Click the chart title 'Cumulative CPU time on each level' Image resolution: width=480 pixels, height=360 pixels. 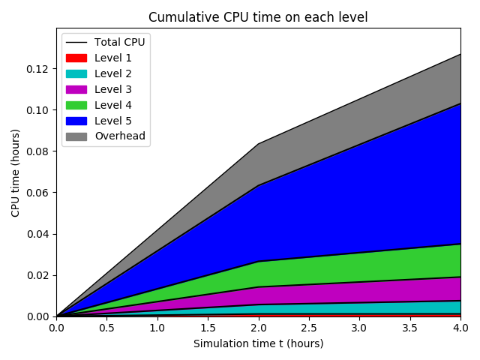click(258, 17)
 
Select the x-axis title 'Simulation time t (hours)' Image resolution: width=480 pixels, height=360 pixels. click(258, 343)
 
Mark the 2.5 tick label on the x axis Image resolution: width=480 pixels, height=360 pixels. click(309, 328)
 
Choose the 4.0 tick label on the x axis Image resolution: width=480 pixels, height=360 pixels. click(460, 328)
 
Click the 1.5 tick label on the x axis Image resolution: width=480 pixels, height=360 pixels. click(208, 328)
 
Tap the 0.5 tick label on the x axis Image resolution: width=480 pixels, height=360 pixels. click(106, 328)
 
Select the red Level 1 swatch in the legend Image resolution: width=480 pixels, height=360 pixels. click(76, 58)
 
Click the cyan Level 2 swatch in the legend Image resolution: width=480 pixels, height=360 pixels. click(76, 73)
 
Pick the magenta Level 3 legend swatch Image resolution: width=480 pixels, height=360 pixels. click(76, 89)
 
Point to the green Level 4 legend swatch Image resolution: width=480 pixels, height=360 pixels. click(76, 105)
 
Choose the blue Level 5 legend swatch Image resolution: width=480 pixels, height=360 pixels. click(76, 121)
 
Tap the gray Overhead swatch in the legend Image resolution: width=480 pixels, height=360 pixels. click(76, 136)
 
